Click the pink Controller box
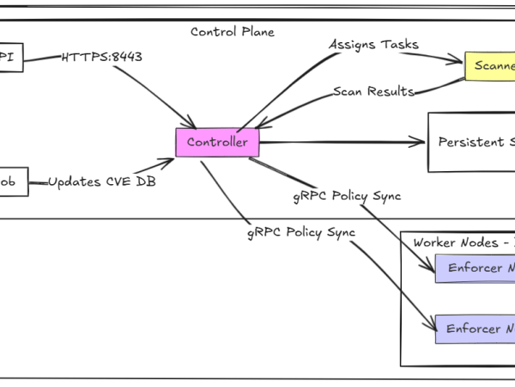point(217,142)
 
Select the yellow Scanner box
point(490,65)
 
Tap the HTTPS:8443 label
point(101,58)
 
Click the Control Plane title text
point(233,32)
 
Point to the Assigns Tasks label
point(373,44)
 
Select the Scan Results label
point(373,91)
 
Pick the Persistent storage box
point(471,142)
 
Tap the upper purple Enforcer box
point(475,268)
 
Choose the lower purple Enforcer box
point(475,329)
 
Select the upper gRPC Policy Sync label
point(346,196)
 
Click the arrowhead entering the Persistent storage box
point(422,142)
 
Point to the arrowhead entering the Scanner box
point(460,61)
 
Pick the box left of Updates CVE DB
point(13,181)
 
